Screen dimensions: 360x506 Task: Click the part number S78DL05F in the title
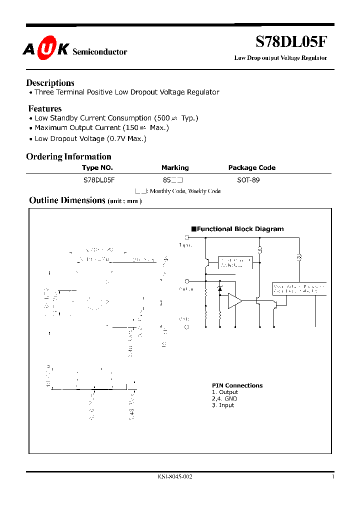(292, 42)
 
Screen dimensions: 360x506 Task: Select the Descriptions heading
(50, 83)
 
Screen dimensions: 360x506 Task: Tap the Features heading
(45, 108)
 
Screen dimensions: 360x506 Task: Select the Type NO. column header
(97, 168)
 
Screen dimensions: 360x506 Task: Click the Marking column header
(175, 168)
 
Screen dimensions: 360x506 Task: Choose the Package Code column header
(252, 168)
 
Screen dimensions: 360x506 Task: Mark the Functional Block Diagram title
(240, 229)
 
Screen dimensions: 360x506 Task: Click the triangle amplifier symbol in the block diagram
(234, 301)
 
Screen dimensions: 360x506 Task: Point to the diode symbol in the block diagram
(219, 289)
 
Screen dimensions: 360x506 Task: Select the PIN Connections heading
(237, 385)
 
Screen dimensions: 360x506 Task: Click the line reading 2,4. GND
(224, 398)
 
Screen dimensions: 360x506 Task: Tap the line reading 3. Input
(223, 405)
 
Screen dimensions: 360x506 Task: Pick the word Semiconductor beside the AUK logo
(100, 52)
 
